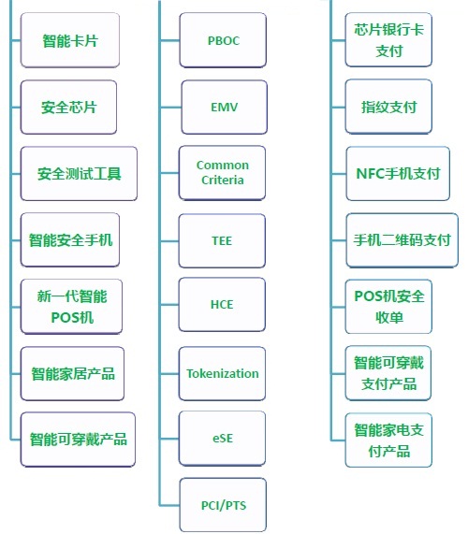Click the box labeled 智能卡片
[x=70, y=40]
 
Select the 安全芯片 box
[x=68, y=108]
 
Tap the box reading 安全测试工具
[x=79, y=174]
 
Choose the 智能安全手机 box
[x=70, y=239]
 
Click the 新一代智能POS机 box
[x=71, y=307]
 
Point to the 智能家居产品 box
[x=72, y=373]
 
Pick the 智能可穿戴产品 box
[x=78, y=440]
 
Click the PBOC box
[x=223, y=40]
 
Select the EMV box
[x=224, y=108]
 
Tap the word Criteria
[x=222, y=180]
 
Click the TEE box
[x=222, y=240]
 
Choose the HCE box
[x=222, y=305]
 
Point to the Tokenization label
[x=222, y=373]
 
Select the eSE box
[x=222, y=439]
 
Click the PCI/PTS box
[x=223, y=505]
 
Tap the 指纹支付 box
[x=388, y=107]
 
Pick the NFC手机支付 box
[x=398, y=174]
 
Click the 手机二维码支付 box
[x=402, y=240]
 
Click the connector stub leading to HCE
[x=169, y=305]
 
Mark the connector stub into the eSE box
[x=169, y=439]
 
